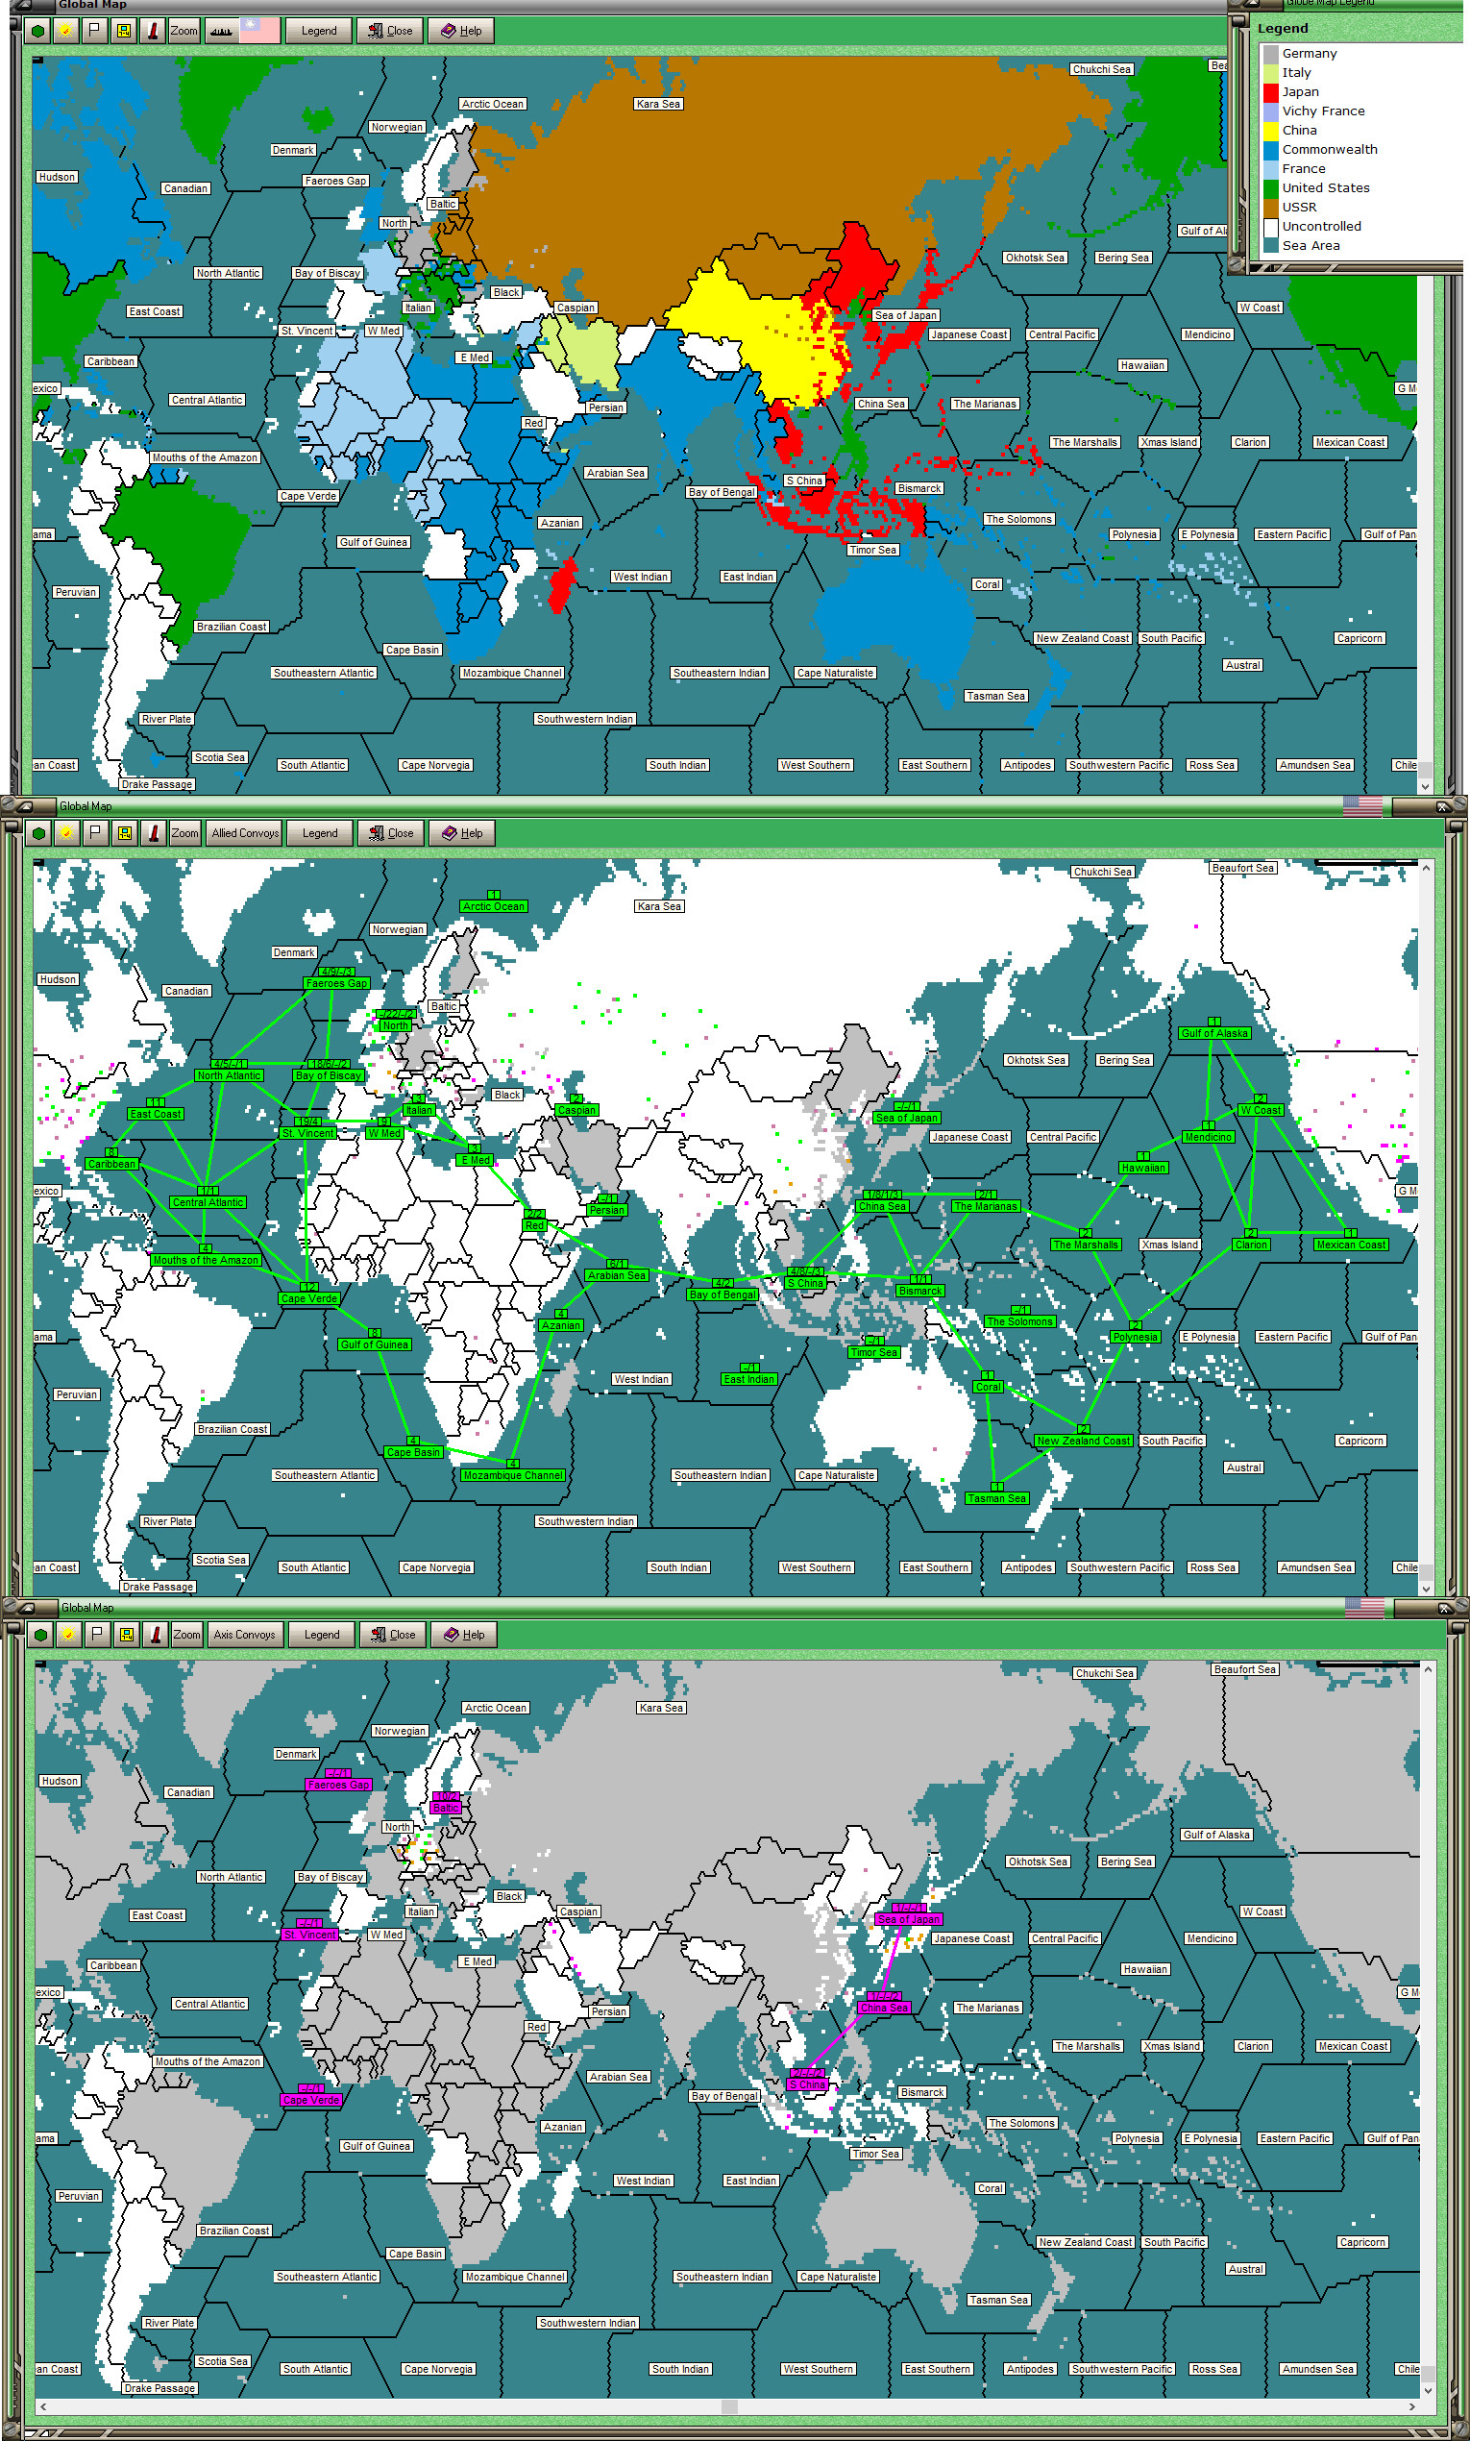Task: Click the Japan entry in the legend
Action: (1300, 92)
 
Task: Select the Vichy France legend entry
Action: (1322, 111)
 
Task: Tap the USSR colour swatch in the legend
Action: (1271, 207)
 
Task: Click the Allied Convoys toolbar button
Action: (245, 833)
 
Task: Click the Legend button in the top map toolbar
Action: (319, 31)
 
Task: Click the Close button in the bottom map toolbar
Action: (391, 1635)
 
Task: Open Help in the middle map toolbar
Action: (462, 833)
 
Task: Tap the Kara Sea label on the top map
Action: (659, 104)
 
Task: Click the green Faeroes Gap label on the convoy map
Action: (337, 984)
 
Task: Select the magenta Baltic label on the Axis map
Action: (446, 1808)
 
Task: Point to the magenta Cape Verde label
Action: (311, 2100)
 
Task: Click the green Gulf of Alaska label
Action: (1214, 1033)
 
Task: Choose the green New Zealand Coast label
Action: (1083, 1441)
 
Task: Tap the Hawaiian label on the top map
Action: (1142, 365)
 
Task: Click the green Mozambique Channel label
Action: (513, 1475)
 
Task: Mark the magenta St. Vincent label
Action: (310, 1935)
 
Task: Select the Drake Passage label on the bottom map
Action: (159, 2388)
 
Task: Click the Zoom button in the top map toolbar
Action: (184, 31)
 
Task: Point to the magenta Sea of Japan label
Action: (908, 1919)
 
